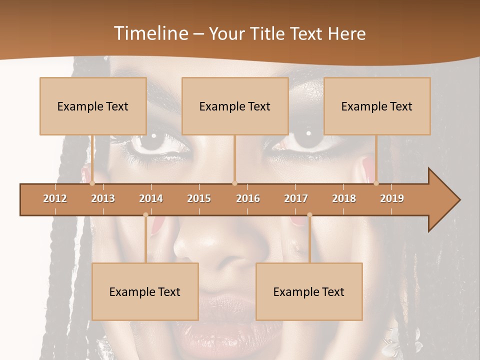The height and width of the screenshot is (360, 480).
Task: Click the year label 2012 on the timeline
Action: (55, 198)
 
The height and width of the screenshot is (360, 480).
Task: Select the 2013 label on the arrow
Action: (103, 198)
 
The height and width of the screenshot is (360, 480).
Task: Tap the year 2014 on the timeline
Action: (151, 198)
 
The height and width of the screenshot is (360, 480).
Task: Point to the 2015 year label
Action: (199, 198)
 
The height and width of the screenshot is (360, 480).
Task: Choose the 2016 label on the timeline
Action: (248, 198)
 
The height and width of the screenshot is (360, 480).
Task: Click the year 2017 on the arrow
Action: (296, 198)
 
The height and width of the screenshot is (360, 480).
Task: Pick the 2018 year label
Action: (344, 198)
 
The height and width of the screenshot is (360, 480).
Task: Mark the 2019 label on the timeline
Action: (392, 198)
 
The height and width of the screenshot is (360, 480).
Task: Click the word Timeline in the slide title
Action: (150, 33)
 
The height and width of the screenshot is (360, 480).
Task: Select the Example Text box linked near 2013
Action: (93, 106)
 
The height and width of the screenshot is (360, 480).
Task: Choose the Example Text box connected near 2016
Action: (235, 106)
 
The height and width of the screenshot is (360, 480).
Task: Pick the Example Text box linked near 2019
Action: (377, 106)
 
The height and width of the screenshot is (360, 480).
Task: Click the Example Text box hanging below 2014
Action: (145, 291)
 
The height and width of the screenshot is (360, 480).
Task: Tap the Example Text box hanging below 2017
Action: (309, 291)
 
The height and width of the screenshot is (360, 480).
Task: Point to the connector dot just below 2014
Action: (145, 215)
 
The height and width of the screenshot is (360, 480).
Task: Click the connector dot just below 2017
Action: (309, 215)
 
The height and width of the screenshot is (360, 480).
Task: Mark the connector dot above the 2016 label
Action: (235, 183)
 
